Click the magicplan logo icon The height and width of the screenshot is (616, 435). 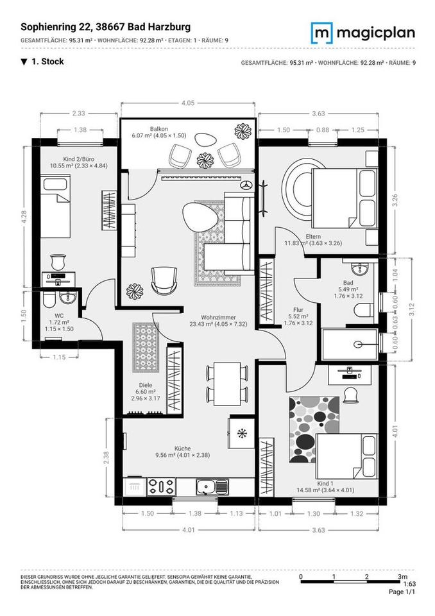tap(322, 32)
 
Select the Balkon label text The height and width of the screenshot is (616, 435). tap(159, 128)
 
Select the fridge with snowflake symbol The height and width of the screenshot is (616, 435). tap(241, 434)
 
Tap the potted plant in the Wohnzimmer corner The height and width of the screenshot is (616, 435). tap(135, 291)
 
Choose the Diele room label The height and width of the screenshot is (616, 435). tap(146, 389)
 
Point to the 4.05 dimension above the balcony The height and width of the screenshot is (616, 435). tap(188, 103)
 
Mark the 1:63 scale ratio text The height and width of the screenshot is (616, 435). tap(409, 585)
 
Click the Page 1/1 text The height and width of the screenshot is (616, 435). tap(402, 592)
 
